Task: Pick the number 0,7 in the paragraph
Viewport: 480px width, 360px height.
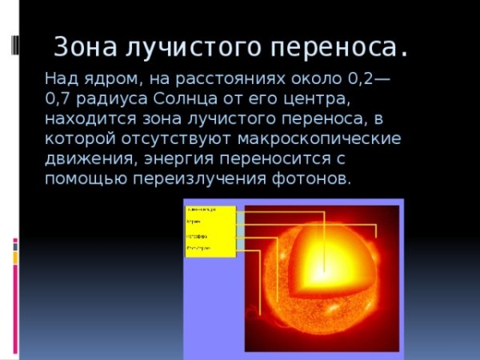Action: (x=61, y=100)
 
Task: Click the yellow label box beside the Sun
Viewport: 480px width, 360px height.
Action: (x=210, y=231)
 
